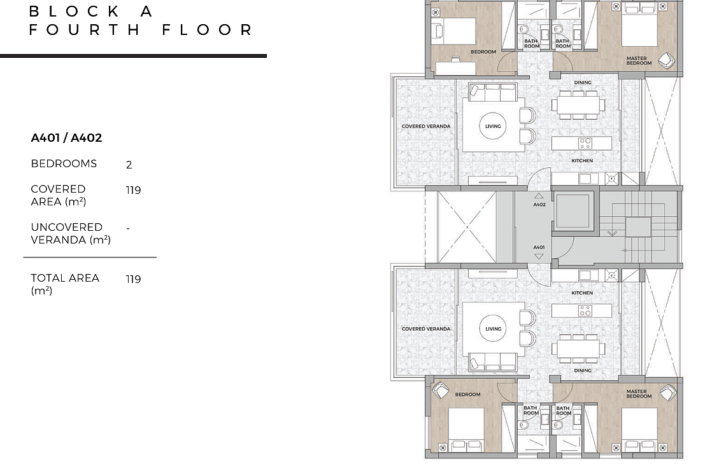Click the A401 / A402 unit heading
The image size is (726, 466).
[66, 138]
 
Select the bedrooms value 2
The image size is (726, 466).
[129, 165]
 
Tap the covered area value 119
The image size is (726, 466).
[133, 190]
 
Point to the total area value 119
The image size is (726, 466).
[133, 279]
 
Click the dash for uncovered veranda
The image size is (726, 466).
[128, 228]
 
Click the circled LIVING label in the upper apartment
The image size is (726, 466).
[493, 127]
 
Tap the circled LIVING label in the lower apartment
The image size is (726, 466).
[493, 329]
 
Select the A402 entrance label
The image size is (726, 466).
[539, 204]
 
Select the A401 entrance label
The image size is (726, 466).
[539, 247]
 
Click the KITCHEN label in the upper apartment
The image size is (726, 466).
[582, 160]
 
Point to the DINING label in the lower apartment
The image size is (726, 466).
[583, 370]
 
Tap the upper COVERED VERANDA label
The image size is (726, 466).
[426, 127]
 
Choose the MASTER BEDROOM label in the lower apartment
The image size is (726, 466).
[639, 394]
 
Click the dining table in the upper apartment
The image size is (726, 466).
[578, 105]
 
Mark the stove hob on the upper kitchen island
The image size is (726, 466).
[585, 143]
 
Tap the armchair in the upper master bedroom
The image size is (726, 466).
[666, 60]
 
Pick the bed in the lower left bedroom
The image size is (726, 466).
[467, 430]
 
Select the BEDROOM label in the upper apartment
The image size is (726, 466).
[483, 51]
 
